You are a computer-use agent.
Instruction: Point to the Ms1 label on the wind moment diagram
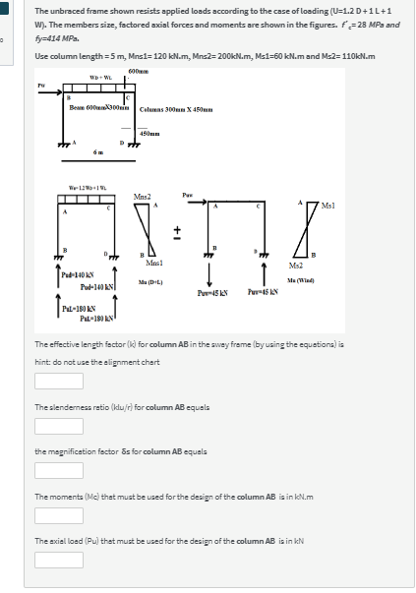point(385,204)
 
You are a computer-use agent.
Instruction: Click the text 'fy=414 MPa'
point(55,39)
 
